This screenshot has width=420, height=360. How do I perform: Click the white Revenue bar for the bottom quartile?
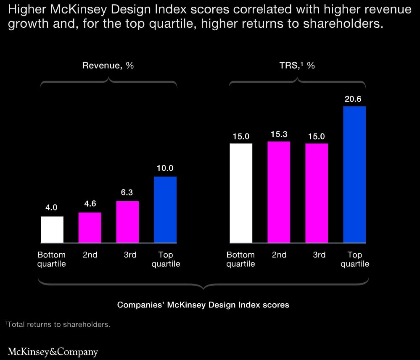52,229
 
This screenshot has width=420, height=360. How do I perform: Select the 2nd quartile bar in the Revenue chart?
90,228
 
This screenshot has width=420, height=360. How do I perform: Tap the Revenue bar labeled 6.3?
127,222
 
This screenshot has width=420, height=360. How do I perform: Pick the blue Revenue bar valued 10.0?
165,210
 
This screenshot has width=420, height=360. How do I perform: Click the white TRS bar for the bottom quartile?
241,193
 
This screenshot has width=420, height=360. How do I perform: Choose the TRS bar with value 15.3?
279,192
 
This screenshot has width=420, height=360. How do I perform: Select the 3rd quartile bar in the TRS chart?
317,193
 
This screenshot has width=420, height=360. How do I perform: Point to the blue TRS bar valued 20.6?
354,174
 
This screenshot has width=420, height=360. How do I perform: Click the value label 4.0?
52,208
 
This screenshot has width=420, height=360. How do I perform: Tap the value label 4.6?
90,204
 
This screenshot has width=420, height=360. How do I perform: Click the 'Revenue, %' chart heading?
108,66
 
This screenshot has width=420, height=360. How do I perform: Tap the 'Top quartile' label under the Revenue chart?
166,259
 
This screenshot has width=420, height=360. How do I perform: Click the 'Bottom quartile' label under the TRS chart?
241,259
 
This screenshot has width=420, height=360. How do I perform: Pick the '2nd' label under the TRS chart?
279,255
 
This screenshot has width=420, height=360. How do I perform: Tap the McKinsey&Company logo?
53,351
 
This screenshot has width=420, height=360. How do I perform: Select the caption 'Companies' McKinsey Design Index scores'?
203,305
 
